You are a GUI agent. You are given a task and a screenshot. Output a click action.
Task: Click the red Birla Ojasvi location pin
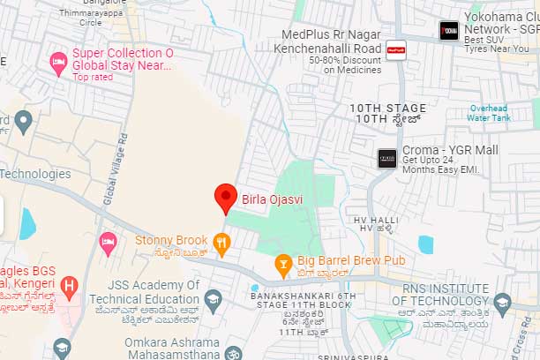click(x=226, y=197)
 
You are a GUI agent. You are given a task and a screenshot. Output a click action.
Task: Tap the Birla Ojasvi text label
click(x=273, y=199)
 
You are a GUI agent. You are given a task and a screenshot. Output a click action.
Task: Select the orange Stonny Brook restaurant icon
click(x=222, y=241)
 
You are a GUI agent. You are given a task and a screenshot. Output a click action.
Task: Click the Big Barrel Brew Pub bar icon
click(x=283, y=261)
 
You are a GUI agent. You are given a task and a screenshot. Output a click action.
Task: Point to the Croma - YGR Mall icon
click(x=386, y=158)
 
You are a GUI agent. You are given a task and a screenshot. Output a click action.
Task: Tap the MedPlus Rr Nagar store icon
click(x=395, y=49)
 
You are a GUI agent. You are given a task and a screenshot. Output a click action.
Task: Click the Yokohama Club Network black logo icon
click(x=449, y=30)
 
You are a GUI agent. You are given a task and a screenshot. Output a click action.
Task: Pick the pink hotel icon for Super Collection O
click(x=58, y=61)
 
